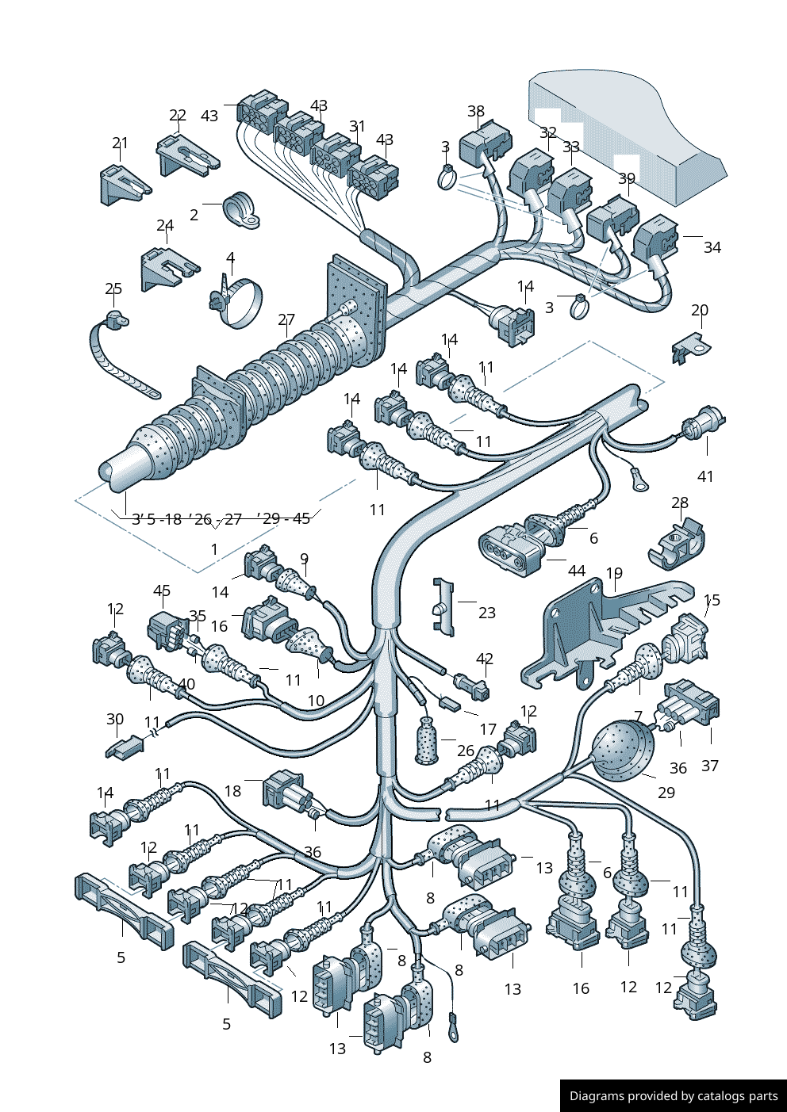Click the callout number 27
click(x=286, y=319)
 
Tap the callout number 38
click(x=476, y=112)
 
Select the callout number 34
click(x=712, y=247)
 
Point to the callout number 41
click(x=705, y=476)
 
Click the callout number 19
click(x=614, y=573)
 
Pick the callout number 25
click(x=113, y=289)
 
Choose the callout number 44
click(x=577, y=571)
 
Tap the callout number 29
click(x=666, y=793)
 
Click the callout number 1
click(x=214, y=548)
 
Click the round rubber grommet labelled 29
click(x=622, y=748)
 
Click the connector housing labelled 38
click(x=485, y=141)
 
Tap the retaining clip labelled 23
click(x=443, y=607)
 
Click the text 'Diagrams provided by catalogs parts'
click(x=674, y=1096)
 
